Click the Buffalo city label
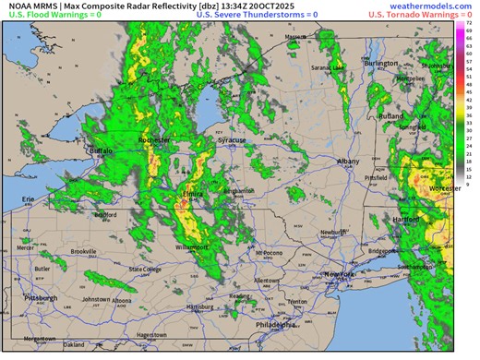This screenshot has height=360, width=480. pos(99,150)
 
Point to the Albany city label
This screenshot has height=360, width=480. pos(349,161)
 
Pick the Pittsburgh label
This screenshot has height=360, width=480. pos(41,298)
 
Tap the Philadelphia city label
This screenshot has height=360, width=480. pos(276,325)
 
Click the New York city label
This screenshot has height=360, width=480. pos(339,275)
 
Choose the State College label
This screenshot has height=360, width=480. pos(144,270)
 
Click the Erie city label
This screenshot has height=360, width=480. pos(28,198)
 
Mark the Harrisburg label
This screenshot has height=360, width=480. pos(199,306)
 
